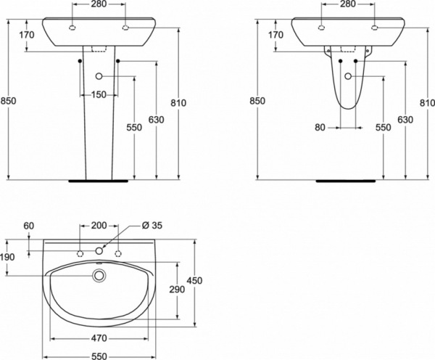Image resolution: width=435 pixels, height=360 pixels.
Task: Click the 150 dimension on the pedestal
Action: click(x=99, y=95)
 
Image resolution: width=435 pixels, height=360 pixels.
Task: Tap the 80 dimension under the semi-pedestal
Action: click(x=320, y=128)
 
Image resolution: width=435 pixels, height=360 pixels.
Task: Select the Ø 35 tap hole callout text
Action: click(x=152, y=225)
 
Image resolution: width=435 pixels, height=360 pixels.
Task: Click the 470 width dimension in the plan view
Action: click(x=99, y=338)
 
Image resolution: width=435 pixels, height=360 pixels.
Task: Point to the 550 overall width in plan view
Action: click(x=99, y=356)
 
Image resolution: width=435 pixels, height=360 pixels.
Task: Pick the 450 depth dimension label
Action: click(x=194, y=281)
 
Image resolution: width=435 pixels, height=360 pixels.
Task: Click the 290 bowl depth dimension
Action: click(x=177, y=290)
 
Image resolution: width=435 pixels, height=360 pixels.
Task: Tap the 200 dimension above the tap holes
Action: click(x=99, y=225)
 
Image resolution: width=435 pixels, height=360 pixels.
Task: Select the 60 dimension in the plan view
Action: click(x=28, y=226)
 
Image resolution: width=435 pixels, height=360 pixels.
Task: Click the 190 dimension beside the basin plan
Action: click(x=7, y=257)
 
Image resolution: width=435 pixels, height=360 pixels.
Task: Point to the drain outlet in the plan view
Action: click(x=99, y=276)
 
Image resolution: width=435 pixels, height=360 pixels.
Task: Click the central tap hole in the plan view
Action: click(x=99, y=251)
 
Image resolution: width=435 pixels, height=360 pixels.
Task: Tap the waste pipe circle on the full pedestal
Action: click(x=99, y=75)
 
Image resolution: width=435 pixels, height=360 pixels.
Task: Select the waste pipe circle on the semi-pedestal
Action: click(x=348, y=75)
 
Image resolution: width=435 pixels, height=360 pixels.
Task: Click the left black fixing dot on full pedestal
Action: click(x=80, y=61)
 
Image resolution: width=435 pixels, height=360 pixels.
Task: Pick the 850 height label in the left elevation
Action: click(x=8, y=101)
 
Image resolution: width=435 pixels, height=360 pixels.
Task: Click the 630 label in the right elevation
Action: click(x=405, y=120)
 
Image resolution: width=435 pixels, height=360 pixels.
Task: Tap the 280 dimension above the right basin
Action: click(x=347, y=4)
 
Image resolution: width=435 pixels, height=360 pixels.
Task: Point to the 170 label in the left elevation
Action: click(x=27, y=35)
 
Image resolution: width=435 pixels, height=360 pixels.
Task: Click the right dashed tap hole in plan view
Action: click(x=118, y=253)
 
